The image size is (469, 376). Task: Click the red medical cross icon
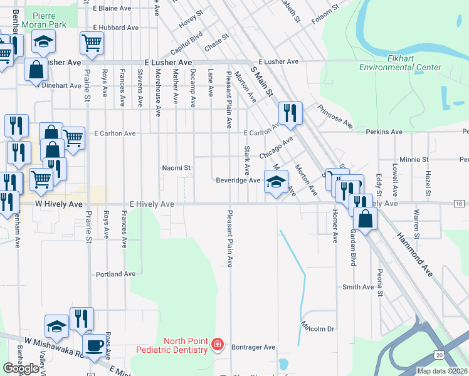[x=217, y=345]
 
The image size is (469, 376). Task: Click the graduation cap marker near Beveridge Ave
[x=275, y=182]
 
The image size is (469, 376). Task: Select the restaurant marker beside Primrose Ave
[x=290, y=113]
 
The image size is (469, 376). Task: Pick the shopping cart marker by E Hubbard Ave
[x=92, y=43]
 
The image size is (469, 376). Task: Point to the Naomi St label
[x=176, y=168]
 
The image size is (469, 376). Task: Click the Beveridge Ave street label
[x=238, y=180]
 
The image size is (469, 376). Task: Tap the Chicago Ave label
[x=276, y=149]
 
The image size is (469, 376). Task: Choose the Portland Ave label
[x=115, y=274]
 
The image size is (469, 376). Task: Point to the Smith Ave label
[x=358, y=287]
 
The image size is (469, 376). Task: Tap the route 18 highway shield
[x=460, y=204]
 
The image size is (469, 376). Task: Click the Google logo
[x=21, y=368]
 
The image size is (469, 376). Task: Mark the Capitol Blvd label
[x=187, y=43]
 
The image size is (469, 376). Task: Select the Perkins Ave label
[x=387, y=132]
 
